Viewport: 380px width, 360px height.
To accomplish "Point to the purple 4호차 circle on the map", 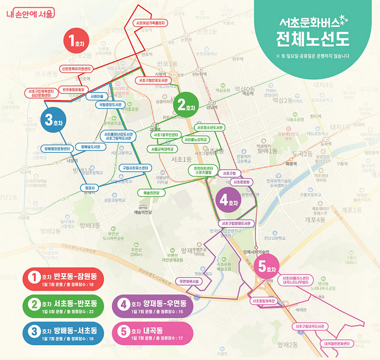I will point(228,200).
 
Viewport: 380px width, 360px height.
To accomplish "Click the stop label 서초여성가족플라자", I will point(150,23).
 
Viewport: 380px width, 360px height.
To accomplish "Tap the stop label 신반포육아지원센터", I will point(76,69).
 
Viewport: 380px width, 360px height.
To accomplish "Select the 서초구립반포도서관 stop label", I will point(153,80).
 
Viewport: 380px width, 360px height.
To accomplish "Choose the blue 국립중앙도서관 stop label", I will point(111,104).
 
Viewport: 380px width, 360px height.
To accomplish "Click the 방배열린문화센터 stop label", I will point(57,148).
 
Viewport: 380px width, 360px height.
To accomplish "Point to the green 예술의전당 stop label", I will point(151,192).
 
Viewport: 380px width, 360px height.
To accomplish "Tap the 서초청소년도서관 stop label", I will point(210,127).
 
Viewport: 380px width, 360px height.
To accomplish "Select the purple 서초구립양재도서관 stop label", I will point(236,223).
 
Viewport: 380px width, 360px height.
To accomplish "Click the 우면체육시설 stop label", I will point(189,281).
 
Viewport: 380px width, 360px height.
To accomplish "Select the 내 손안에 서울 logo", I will point(30,13).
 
